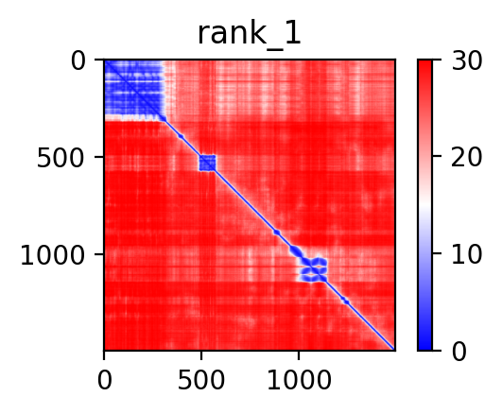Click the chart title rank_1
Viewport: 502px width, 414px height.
click(249, 33)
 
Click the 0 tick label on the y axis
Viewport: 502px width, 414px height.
click(78, 60)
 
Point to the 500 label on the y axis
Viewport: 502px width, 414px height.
click(61, 158)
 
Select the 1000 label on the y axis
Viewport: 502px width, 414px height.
click(53, 255)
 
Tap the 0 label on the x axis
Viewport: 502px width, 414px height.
click(104, 380)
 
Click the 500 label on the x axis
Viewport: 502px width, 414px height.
click(201, 380)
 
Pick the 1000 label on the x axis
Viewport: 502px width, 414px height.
click(299, 380)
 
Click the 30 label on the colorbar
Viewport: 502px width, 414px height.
click(466, 60)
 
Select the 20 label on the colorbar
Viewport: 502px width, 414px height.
click(466, 157)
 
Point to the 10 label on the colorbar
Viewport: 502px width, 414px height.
click(466, 254)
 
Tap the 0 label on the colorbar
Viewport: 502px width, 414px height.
click(459, 352)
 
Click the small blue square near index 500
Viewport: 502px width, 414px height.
click(207, 163)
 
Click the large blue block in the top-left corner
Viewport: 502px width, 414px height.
click(134, 90)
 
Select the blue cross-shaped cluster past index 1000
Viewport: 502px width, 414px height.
click(314, 270)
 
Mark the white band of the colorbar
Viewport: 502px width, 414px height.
click(424, 205)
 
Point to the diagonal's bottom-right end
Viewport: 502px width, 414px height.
click(394, 350)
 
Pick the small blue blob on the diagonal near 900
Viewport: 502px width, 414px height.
click(277, 233)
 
